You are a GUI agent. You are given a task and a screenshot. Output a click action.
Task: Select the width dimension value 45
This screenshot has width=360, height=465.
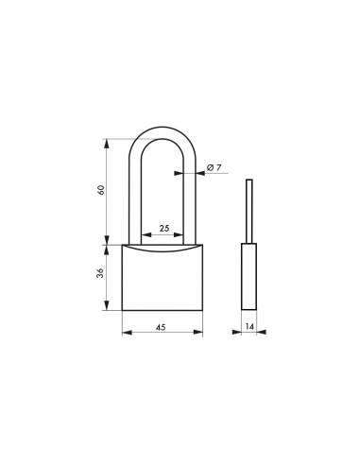[163, 326]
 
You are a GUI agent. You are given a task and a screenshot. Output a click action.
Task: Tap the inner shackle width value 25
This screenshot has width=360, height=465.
[163, 229]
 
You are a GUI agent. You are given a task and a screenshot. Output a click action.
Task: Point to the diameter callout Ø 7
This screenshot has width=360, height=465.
[214, 168]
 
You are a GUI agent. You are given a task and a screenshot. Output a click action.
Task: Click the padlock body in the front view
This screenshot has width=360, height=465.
[163, 279]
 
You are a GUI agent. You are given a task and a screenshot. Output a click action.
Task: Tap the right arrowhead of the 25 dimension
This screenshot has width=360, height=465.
[182, 235]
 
